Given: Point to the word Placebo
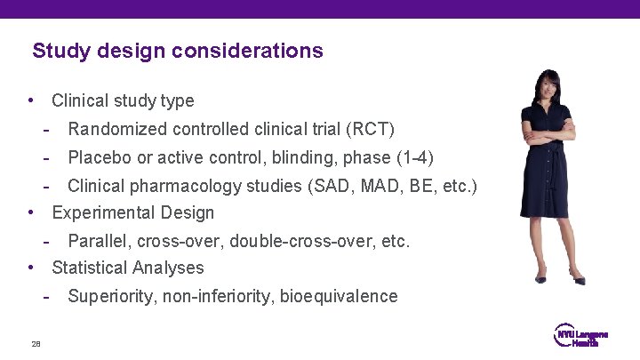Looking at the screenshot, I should [98, 157].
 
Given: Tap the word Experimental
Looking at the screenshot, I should [105, 212].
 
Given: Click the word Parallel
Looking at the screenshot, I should [95, 241].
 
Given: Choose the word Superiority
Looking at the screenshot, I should [111, 296].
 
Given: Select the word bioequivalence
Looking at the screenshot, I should [339, 296].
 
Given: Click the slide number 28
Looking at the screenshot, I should [36, 344].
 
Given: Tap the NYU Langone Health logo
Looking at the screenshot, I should [581, 335].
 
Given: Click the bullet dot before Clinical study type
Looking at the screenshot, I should [32, 100].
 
